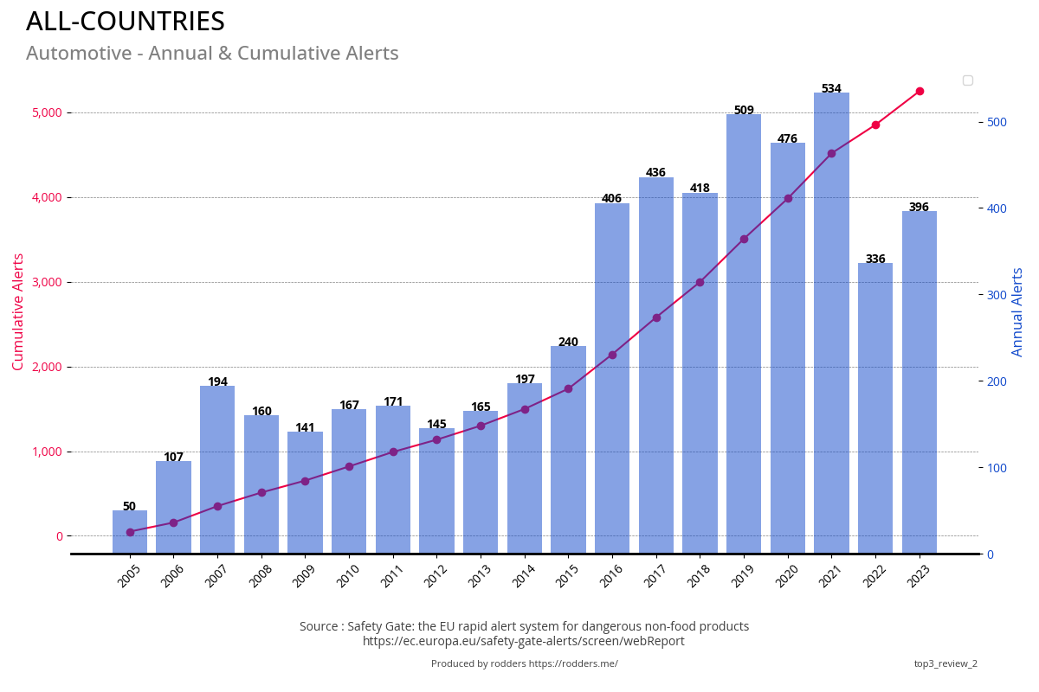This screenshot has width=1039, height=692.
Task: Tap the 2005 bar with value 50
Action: point(130,532)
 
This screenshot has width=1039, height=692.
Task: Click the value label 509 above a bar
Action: point(744,111)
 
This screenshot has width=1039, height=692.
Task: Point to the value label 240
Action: point(568,343)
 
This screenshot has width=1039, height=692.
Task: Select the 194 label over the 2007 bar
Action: point(217,382)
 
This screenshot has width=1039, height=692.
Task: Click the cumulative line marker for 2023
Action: point(920,91)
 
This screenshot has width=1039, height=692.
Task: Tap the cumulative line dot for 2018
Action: point(700,282)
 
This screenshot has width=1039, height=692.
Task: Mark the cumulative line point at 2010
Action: point(349,466)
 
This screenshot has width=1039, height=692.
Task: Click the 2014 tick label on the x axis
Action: point(523,575)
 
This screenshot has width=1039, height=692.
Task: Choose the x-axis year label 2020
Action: point(786,575)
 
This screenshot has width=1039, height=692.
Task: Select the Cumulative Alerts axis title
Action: point(18,311)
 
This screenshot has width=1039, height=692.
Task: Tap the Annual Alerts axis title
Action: point(1018,311)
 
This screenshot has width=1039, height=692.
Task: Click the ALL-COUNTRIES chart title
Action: point(126,22)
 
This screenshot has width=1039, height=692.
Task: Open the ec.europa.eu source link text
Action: point(524,642)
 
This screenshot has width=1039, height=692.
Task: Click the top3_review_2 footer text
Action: point(945,664)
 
